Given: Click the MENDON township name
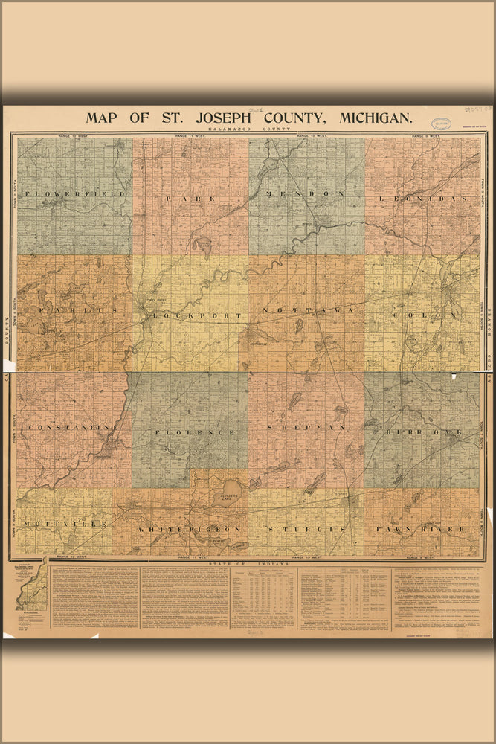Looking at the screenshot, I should coord(306,193).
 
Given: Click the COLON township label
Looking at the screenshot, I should coord(422,315).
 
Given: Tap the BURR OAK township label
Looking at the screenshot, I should coord(422,432).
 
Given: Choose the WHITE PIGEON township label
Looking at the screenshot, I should coord(189,528).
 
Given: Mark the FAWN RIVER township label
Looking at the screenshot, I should coord(421,528).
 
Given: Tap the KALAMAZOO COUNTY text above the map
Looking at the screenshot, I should coord(248,130).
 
